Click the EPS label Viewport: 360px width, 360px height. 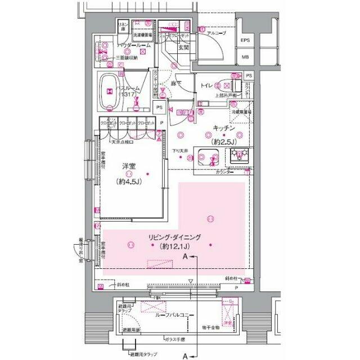coord(246,40)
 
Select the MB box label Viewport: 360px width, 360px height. coord(246,57)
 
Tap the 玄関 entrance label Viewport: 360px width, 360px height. coord(184,48)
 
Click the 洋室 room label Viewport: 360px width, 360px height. coord(130,166)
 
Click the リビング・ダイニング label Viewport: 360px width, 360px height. coord(174,237)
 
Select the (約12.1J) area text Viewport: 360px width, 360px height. coord(175,246)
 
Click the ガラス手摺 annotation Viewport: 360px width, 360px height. coord(176,340)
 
